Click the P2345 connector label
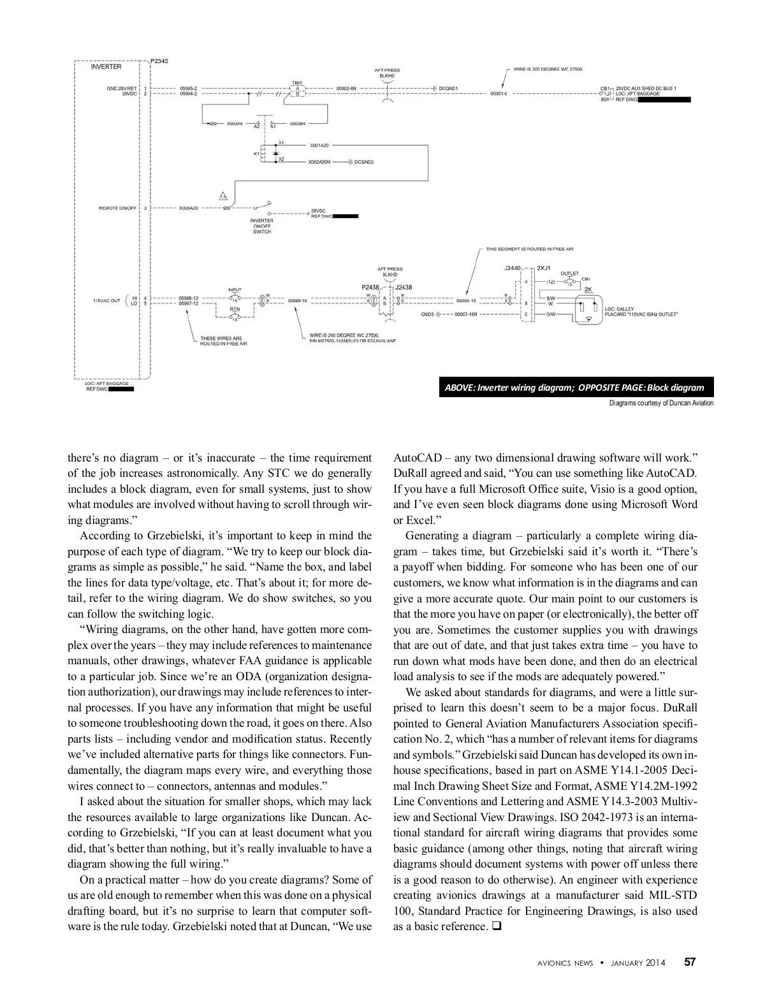[x=159, y=61]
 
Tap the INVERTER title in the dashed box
[x=106, y=67]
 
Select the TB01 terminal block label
[x=296, y=82]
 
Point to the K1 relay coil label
[x=257, y=154]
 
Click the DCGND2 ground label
[x=364, y=162]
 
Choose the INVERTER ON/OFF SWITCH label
[x=262, y=226]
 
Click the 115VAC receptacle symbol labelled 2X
[x=586, y=310]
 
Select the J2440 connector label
[x=513, y=268]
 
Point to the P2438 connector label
[x=371, y=288]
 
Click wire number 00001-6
[x=499, y=94]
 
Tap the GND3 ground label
[x=427, y=314]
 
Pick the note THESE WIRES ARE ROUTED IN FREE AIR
[x=223, y=341]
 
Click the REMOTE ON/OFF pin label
[x=117, y=208]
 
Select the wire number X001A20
[x=319, y=145]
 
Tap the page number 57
[x=690, y=962]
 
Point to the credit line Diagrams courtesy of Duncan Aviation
[x=661, y=403]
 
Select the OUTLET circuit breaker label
[x=569, y=273]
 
